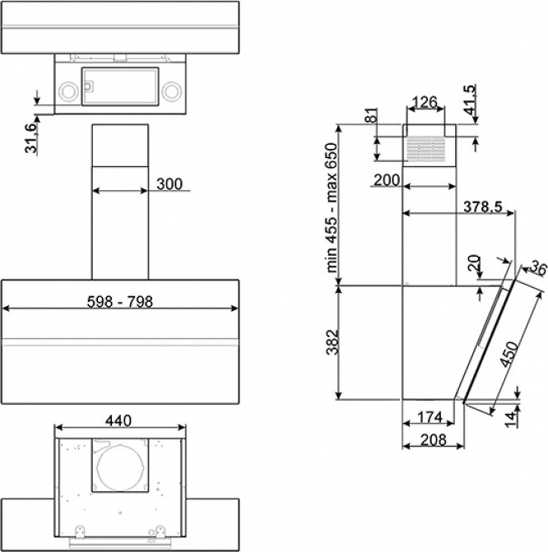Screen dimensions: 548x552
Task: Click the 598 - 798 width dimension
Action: click(x=120, y=302)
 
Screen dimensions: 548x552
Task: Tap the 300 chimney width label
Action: click(x=170, y=183)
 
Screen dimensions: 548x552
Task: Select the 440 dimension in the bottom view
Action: click(x=118, y=420)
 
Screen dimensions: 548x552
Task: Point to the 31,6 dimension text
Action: click(x=30, y=138)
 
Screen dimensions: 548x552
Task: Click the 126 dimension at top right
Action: click(x=425, y=102)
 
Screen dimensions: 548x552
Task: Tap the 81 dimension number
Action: click(x=371, y=115)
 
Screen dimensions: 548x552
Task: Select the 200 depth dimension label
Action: click(x=387, y=180)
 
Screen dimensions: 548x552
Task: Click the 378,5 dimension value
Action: click(x=482, y=206)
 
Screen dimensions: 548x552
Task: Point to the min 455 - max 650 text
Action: click(x=332, y=207)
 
